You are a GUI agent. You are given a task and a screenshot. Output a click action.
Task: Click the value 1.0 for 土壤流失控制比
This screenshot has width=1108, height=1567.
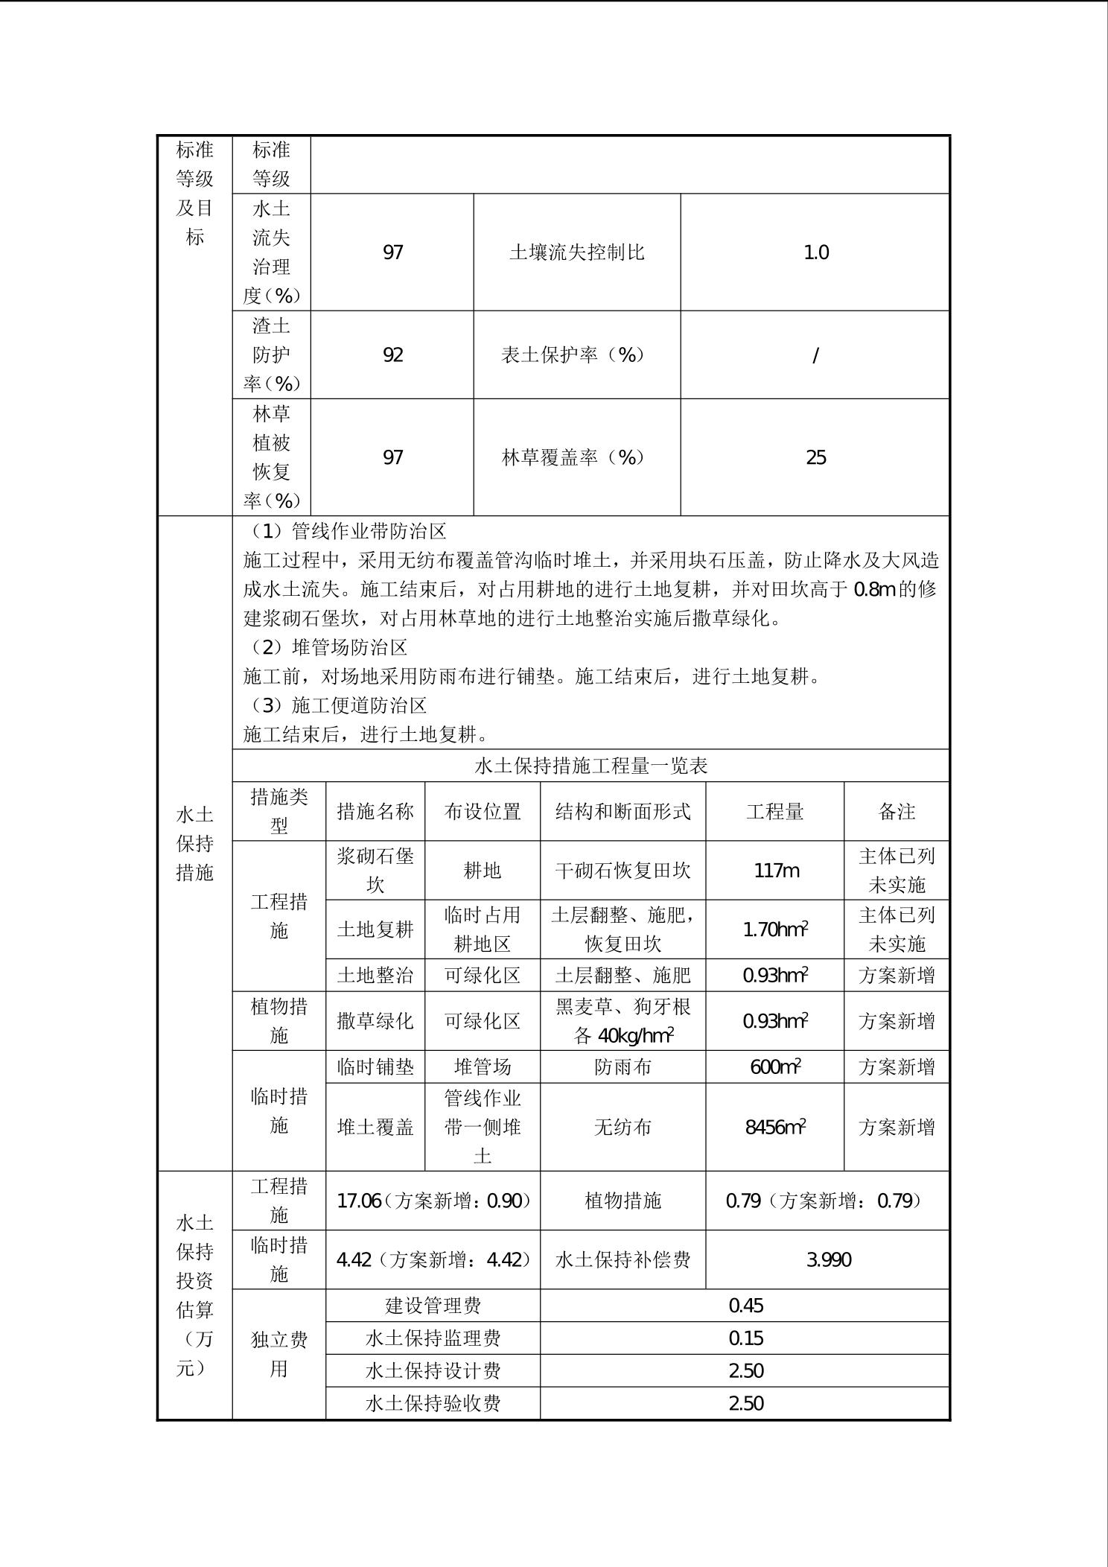coord(815,252)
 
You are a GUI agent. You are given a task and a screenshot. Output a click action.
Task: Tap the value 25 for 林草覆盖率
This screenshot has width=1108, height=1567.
coord(815,457)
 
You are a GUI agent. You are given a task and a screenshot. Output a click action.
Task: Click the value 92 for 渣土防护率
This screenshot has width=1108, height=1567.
coord(392,355)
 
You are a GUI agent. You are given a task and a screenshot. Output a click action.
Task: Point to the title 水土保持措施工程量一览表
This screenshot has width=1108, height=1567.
coord(590,766)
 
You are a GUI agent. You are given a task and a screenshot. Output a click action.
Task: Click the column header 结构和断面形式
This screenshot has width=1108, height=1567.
coord(623,811)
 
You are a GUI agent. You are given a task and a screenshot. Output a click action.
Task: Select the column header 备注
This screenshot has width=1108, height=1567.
coord(896,811)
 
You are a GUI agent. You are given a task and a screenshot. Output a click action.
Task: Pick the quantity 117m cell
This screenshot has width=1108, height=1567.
coord(775,870)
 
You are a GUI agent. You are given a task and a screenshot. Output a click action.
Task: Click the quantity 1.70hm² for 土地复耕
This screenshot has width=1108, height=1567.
coord(775,929)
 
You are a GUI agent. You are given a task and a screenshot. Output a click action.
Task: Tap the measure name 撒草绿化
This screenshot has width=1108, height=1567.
coord(375,1020)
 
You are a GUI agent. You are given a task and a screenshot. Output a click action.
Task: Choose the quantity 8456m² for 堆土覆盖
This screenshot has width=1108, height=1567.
coord(775,1127)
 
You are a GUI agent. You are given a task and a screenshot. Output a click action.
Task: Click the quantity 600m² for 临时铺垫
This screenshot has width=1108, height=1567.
coord(775,1067)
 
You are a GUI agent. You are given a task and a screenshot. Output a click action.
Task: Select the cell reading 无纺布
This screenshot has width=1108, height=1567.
coord(623,1127)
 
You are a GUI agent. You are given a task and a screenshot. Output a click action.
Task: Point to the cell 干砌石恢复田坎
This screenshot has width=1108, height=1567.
coord(623,870)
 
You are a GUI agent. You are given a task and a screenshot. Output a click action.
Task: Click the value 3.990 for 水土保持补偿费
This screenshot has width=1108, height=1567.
coord(828,1259)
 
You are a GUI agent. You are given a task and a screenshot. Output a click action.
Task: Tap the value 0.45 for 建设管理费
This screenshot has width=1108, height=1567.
coord(745,1306)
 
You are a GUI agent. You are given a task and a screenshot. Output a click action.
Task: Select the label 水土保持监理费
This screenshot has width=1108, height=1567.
coord(433,1338)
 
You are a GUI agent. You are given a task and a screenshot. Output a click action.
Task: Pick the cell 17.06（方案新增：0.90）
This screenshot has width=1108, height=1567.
coord(433,1201)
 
